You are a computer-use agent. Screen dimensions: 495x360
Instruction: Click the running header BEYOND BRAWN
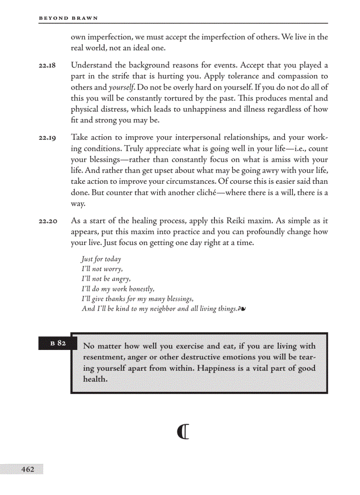68,18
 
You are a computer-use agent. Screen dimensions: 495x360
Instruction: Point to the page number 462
27,469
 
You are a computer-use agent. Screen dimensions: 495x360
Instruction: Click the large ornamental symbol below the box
183,432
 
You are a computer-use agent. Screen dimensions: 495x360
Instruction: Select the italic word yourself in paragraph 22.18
122,87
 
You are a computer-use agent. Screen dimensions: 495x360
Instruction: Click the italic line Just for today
101,259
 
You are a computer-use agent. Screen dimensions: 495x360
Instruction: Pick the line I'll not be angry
106,279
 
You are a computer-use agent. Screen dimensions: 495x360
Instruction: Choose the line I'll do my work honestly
118,289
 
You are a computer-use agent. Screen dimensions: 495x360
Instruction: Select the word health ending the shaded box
94,379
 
